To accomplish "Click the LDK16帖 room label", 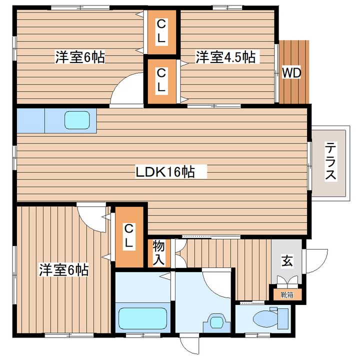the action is (x=165, y=171).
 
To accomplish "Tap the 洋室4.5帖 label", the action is (x=225, y=57).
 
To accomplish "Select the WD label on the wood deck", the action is (x=291, y=73).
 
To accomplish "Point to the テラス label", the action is (x=330, y=161).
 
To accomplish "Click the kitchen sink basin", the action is (x=76, y=120).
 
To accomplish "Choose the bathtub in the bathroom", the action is (x=142, y=318).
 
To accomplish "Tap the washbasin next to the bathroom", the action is (x=216, y=322).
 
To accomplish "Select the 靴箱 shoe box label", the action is (x=287, y=295).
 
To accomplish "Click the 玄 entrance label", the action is (x=287, y=261).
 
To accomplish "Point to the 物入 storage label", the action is (x=158, y=253).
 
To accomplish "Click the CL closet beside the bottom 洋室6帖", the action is (x=129, y=237).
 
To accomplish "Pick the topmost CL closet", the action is (x=161, y=31).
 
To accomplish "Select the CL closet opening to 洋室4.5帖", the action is (x=161, y=81).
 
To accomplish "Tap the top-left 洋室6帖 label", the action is (x=80, y=57).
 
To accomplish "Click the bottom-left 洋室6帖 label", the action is (x=64, y=270).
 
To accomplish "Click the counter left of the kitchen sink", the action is (x=31, y=121).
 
